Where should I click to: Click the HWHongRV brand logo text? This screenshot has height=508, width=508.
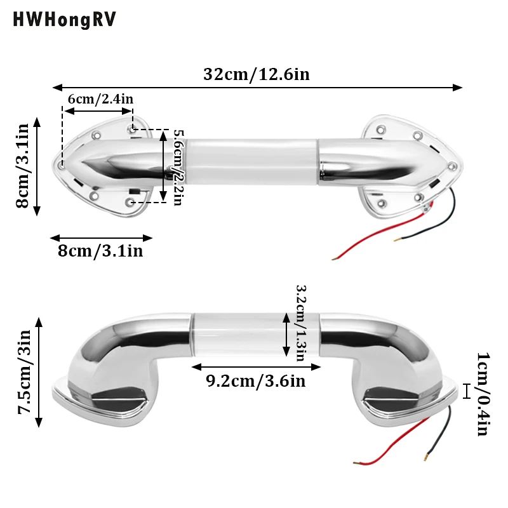click(65, 20)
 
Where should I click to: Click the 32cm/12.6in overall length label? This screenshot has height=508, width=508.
click(256, 74)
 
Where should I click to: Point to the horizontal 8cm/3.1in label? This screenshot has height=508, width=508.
click(100, 251)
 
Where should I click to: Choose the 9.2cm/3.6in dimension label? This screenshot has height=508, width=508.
click(256, 381)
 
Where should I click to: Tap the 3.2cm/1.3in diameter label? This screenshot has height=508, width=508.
click(301, 321)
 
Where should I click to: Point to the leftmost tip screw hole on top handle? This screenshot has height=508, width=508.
click(62, 164)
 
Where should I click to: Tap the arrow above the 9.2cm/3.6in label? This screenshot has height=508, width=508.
click(256, 366)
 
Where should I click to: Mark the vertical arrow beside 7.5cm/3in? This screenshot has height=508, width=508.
click(39, 372)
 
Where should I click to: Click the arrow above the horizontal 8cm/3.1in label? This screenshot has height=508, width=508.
click(102, 238)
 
